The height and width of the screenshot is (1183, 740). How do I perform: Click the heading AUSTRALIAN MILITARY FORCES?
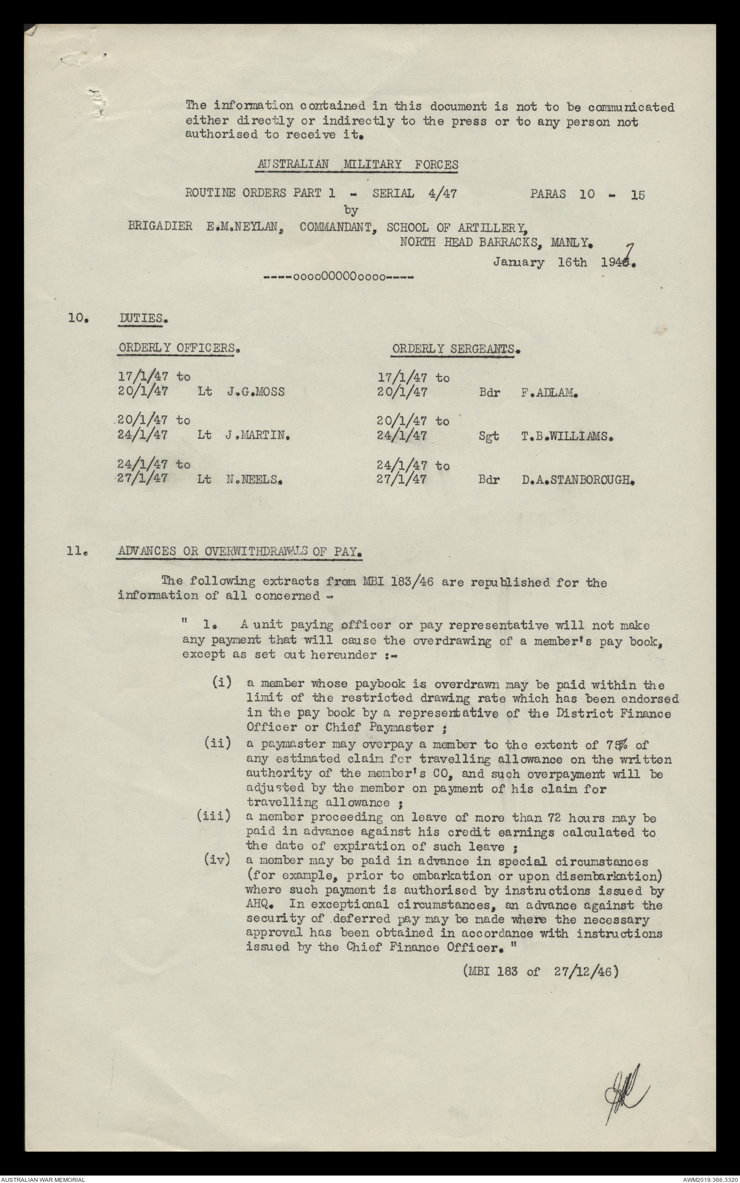pyautogui.click(x=357, y=165)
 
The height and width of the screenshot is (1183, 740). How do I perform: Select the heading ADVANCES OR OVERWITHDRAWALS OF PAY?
pyautogui.click(x=240, y=552)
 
